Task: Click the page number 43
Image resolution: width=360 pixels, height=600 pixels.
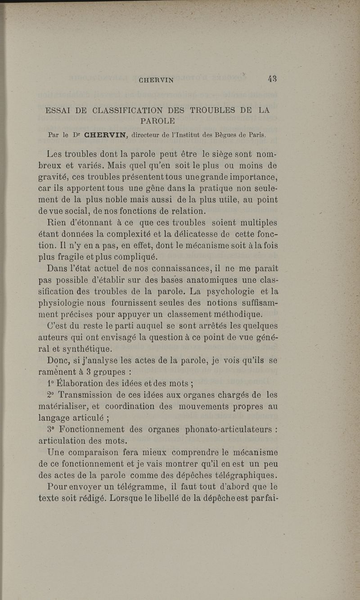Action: point(272,78)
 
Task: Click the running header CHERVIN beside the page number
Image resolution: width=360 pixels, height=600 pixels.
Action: point(157,81)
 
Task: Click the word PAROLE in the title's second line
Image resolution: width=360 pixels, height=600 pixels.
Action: point(157,121)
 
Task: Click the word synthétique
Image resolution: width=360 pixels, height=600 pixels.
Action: point(83,349)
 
